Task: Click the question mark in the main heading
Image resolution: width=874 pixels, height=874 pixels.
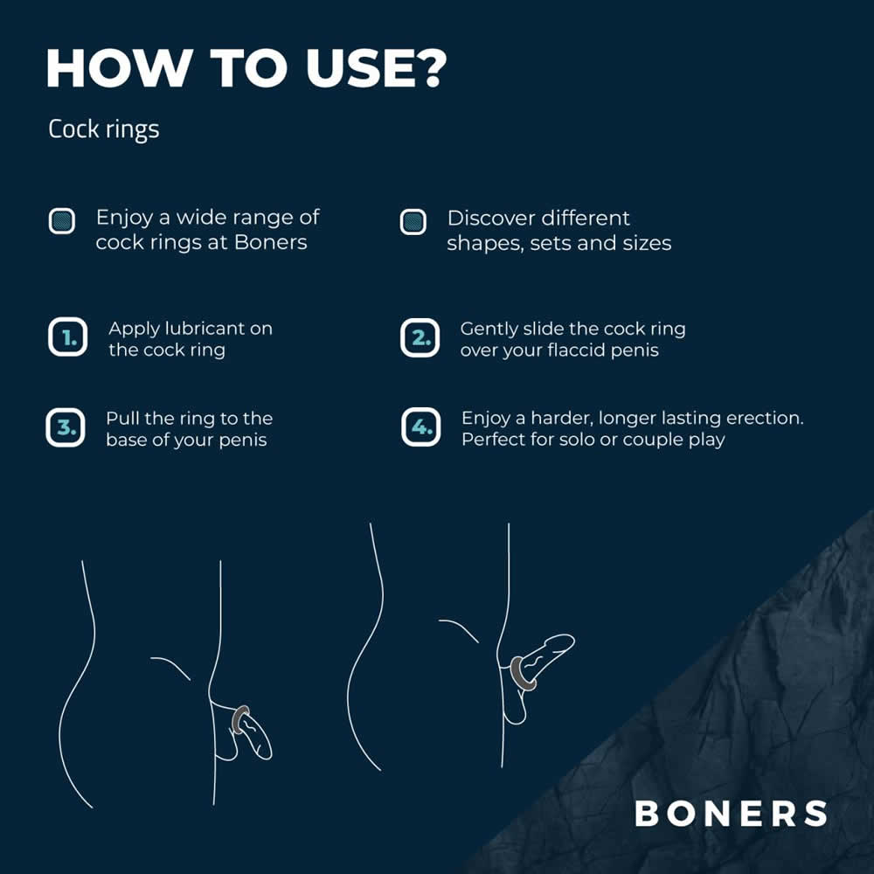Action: pos(429,67)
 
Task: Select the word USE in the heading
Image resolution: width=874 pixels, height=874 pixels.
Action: pos(357,68)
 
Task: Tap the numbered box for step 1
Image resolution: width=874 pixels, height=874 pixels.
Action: pos(67,337)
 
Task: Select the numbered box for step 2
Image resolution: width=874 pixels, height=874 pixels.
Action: pos(420,337)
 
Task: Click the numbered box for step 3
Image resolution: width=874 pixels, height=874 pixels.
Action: pos(66,427)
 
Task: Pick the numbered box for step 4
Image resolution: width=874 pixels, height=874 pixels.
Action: pos(421,427)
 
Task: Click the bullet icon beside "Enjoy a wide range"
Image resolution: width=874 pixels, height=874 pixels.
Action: pos(62,221)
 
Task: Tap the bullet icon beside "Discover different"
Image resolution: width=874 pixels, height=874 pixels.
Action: pos(413,222)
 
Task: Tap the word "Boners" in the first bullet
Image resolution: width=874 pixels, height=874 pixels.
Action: pos(271,242)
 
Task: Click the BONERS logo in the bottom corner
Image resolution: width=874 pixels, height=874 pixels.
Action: pos(731,813)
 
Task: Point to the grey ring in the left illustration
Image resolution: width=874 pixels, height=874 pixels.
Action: pos(241,719)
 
